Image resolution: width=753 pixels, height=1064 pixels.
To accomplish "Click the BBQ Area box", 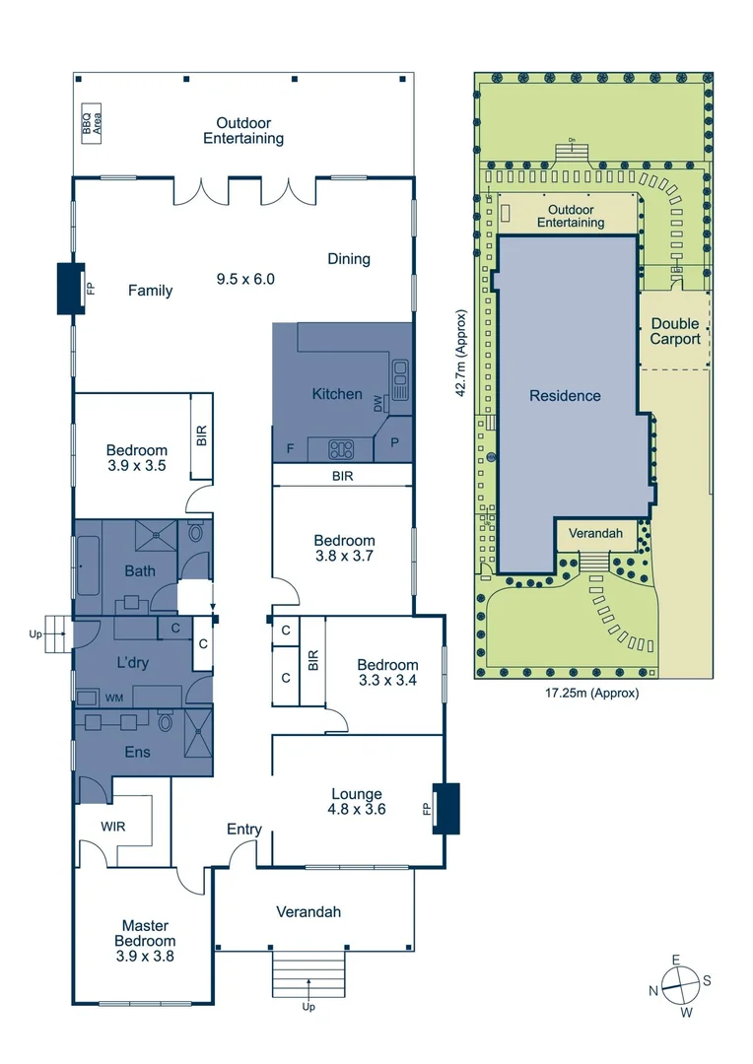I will [93, 124].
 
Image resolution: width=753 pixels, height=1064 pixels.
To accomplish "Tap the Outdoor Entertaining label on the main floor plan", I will [243, 131].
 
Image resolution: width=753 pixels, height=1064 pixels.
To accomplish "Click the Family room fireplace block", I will [70, 289].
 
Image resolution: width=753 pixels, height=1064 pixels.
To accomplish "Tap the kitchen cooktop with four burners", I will [341, 450].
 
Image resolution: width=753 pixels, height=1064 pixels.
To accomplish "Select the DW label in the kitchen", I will [378, 404].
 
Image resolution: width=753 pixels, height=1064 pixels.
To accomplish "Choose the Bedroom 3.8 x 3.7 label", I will [344, 548].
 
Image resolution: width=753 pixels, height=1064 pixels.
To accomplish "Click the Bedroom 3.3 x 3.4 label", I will [387, 672].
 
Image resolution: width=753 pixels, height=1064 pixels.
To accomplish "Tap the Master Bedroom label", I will [145, 940].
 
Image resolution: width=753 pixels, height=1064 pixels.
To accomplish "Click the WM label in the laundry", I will [114, 698].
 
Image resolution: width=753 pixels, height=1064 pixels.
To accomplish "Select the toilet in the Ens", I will [167, 724].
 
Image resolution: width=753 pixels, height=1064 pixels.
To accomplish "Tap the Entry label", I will [243, 829].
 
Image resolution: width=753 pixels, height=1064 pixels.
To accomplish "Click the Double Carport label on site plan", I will [675, 331].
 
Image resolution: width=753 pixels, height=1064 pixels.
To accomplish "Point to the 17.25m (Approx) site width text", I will [592, 693].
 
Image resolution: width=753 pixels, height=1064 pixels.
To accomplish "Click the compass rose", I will [678, 983].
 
